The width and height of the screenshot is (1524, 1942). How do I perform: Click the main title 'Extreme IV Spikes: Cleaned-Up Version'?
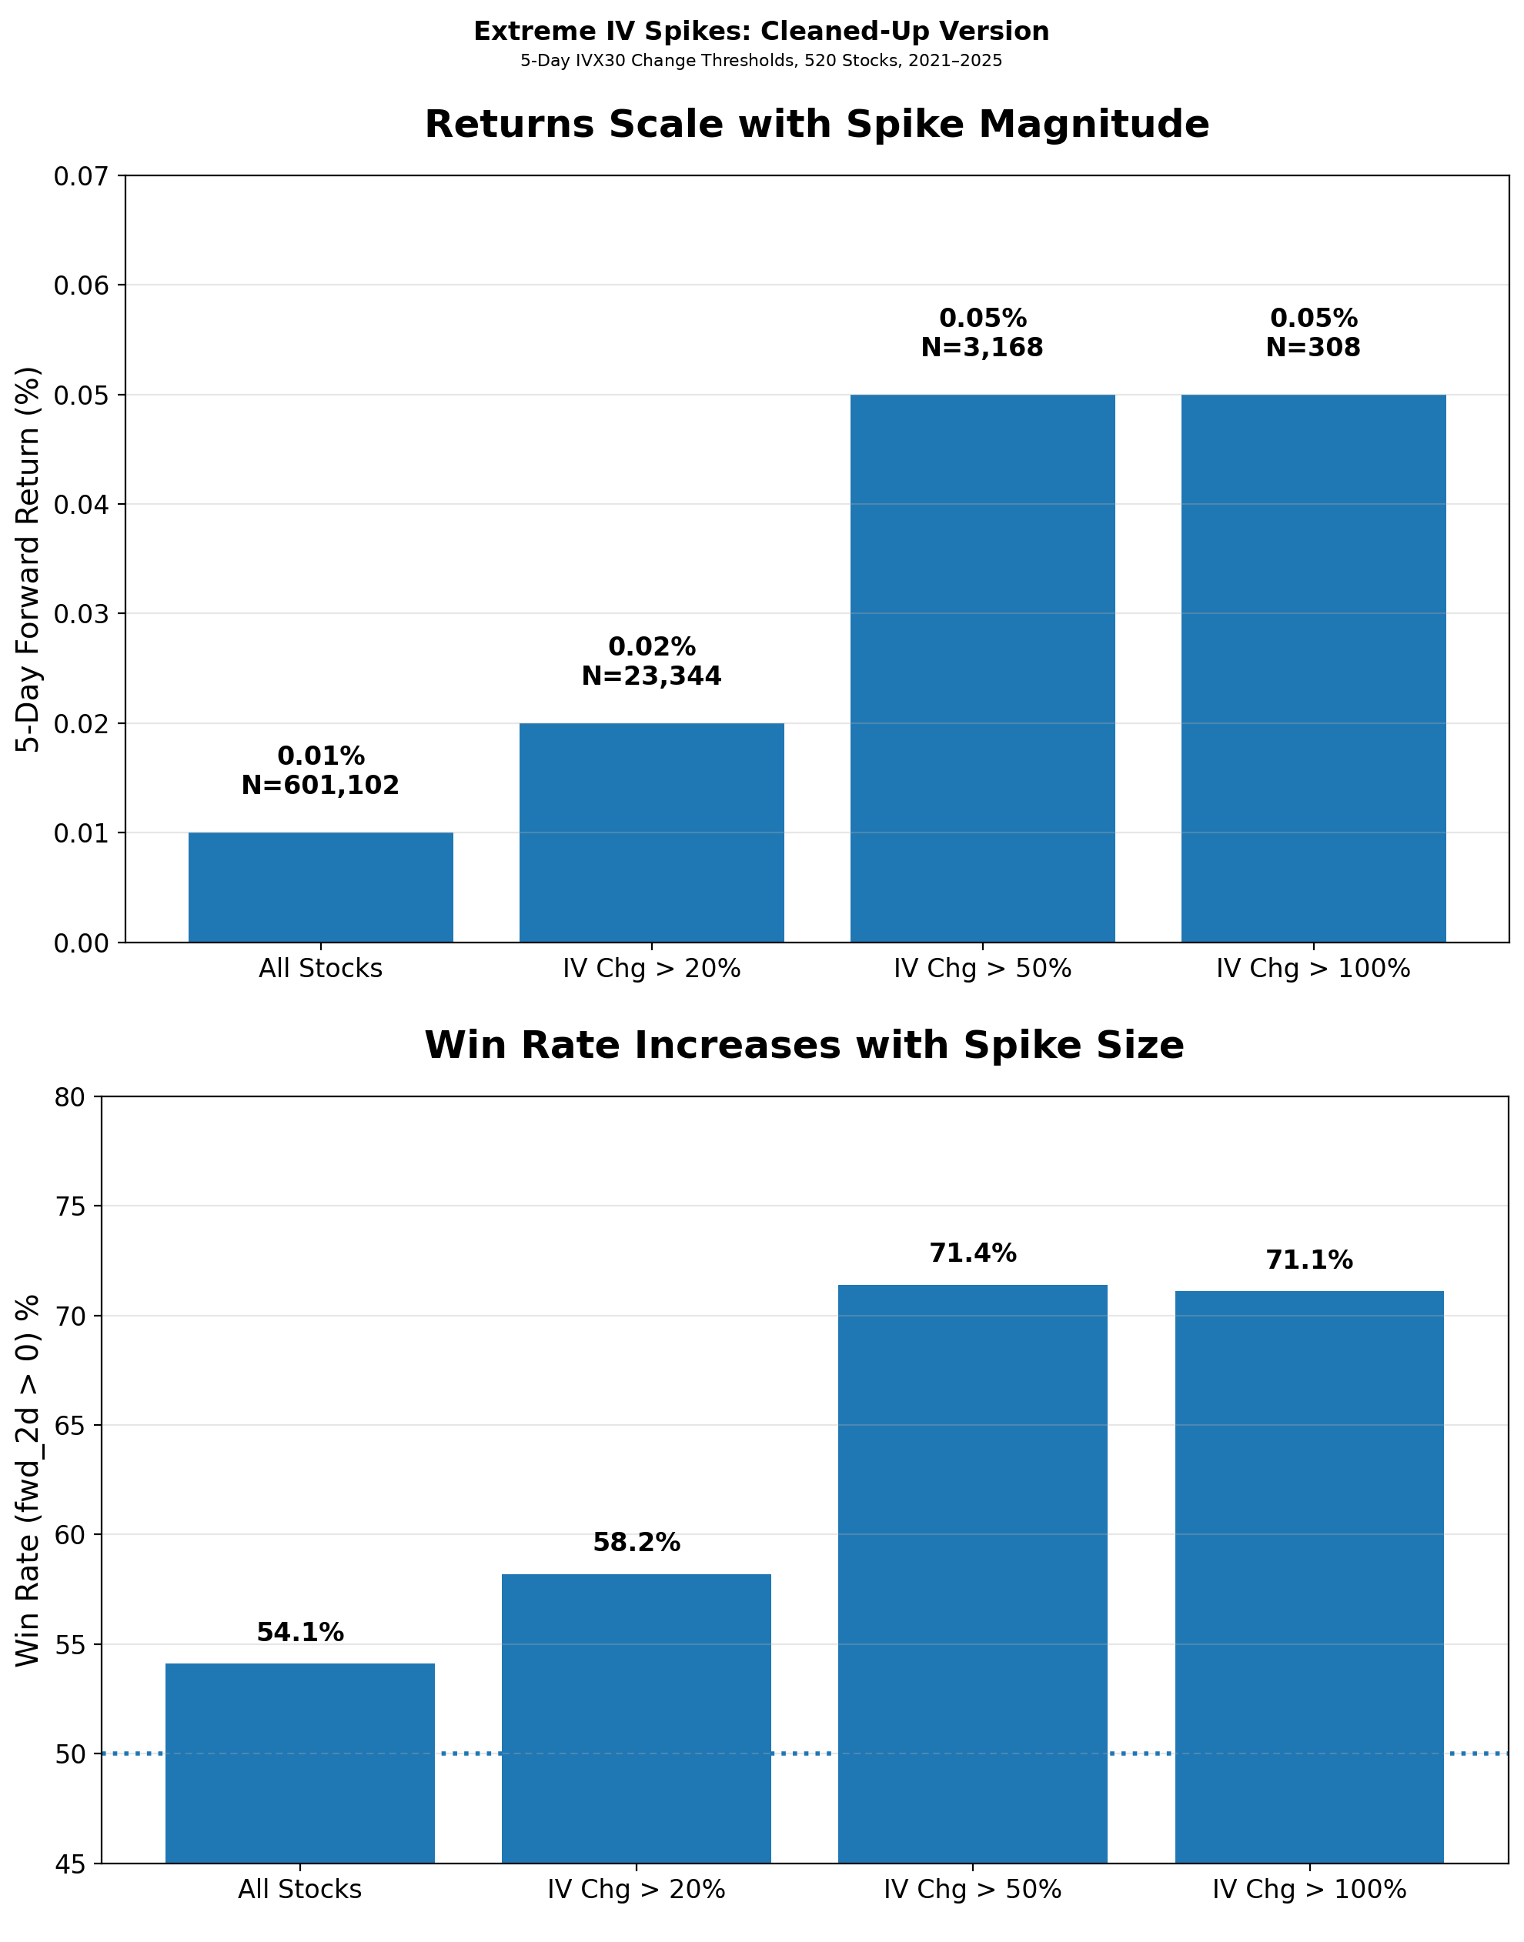pyautogui.click(x=761, y=32)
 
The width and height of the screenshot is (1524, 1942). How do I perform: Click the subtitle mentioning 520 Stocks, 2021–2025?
pyautogui.click(x=761, y=61)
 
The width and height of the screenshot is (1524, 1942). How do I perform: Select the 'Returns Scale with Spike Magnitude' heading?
pyautogui.click(x=817, y=124)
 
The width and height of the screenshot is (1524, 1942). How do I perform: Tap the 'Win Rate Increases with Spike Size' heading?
pyautogui.click(x=804, y=1045)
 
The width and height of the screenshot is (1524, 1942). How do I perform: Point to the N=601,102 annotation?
pyautogui.click(x=320, y=785)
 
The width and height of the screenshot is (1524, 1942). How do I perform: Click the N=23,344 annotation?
pyautogui.click(x=651, y=676)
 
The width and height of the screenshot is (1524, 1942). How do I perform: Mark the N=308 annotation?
pyautogui.click(x=1312, y=347)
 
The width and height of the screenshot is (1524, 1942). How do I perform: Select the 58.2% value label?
pyautogui.click(x=637, y=1543)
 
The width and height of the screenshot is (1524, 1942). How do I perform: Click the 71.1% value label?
pyautogui.click(x=1309, y=1260)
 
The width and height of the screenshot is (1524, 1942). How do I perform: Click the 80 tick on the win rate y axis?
pyautogui.click(x=72, y=1096)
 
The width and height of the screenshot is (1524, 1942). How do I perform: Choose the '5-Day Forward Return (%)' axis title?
pyautogui.click(x=29, y=559)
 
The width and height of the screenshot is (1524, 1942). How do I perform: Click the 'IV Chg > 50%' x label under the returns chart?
pyautogui.click(x=982, y=969)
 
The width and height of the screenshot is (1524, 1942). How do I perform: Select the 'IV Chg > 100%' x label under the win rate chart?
pyautogui.click(x=1309, y=1890)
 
